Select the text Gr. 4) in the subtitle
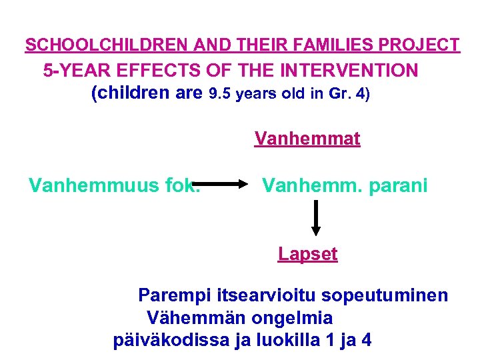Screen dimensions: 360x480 tap(349, 94)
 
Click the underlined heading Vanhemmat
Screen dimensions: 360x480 tap(307, 139)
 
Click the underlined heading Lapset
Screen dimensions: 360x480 tap(308, 254)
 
